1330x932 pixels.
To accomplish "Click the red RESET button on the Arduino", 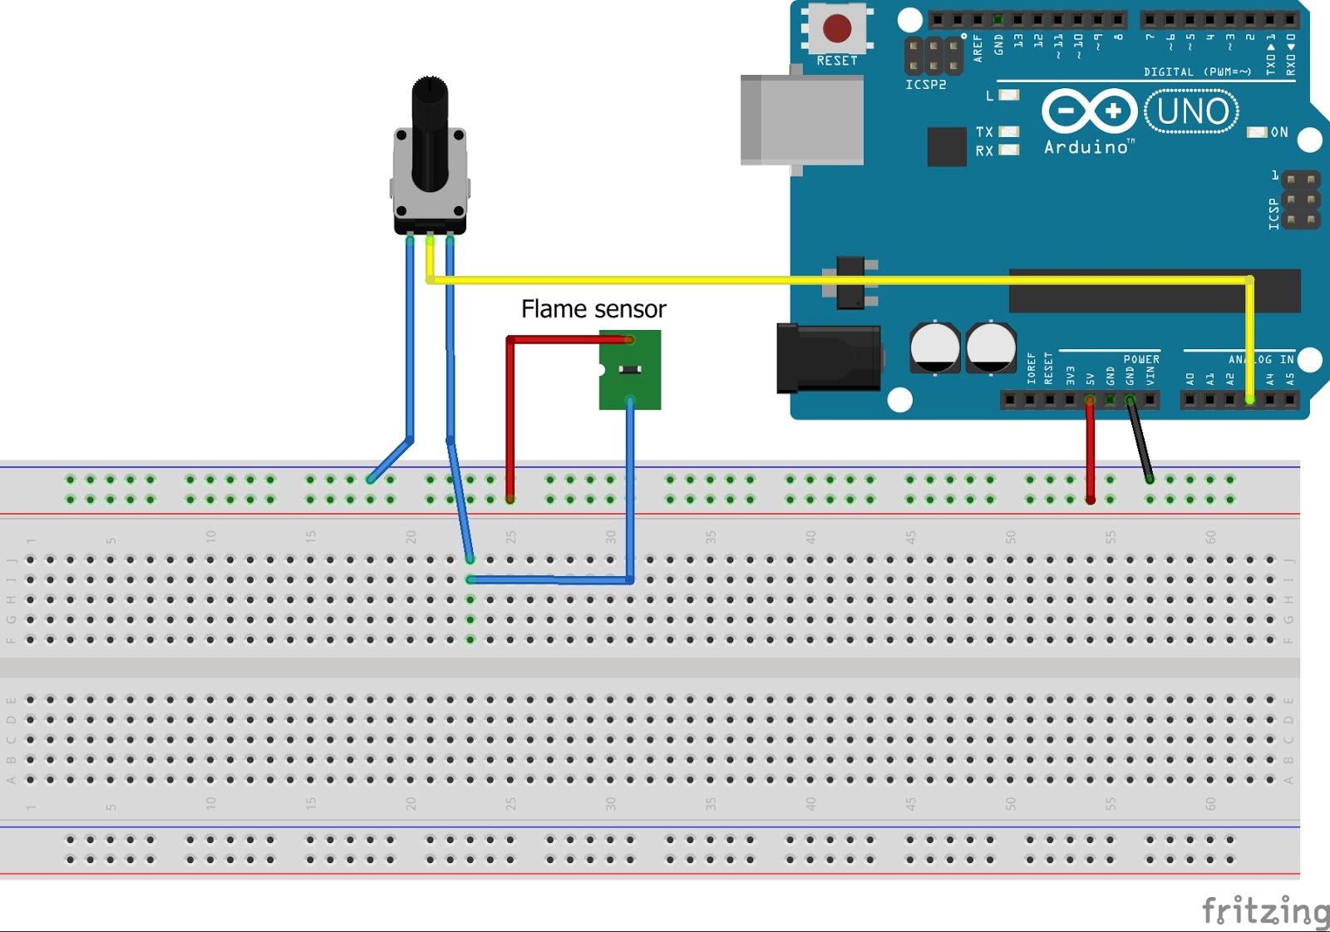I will (836, 28).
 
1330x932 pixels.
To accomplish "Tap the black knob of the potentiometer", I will (430, 125).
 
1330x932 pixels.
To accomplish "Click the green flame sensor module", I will (630, 370).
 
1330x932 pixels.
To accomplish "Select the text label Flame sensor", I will (594, 309).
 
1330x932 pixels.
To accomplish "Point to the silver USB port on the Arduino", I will (802, 120).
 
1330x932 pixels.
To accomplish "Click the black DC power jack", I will (829, 358).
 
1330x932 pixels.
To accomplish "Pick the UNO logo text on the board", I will (1192, 111).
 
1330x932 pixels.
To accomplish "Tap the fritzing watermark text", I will (1265, 910).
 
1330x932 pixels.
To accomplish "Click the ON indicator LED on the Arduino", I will (1257, 132).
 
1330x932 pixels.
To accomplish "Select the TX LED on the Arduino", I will (1008, 131).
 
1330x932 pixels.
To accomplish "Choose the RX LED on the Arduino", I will (1008, 150).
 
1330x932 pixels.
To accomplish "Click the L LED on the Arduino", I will (1008, 95).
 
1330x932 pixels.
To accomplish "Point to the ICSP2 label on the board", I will (925, 85).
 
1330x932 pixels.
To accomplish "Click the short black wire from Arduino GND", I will (1140, 441).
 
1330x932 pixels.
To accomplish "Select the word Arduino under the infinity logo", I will (1086, 148).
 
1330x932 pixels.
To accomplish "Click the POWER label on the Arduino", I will (1141, 360).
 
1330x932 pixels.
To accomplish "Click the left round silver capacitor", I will (934, 348).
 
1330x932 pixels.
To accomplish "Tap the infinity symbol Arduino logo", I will (1089, 111).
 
